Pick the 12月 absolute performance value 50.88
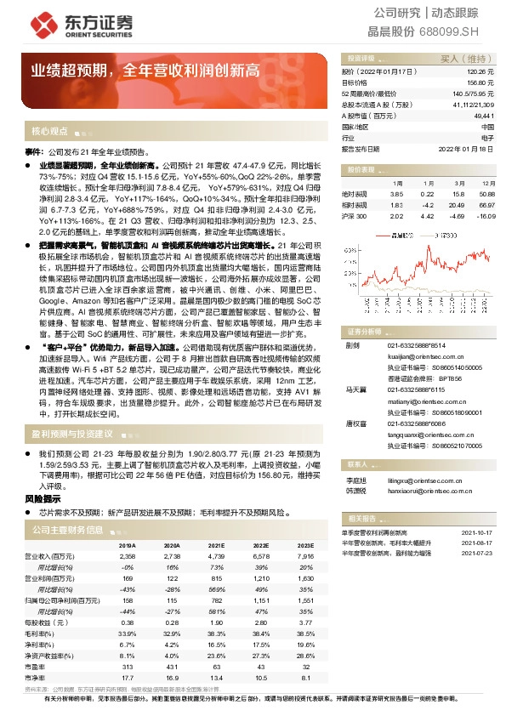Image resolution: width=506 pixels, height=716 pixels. pyautogui.click(x=486, y=194)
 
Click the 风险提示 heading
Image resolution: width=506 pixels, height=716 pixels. pyautogui.click(x=43, y=498)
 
